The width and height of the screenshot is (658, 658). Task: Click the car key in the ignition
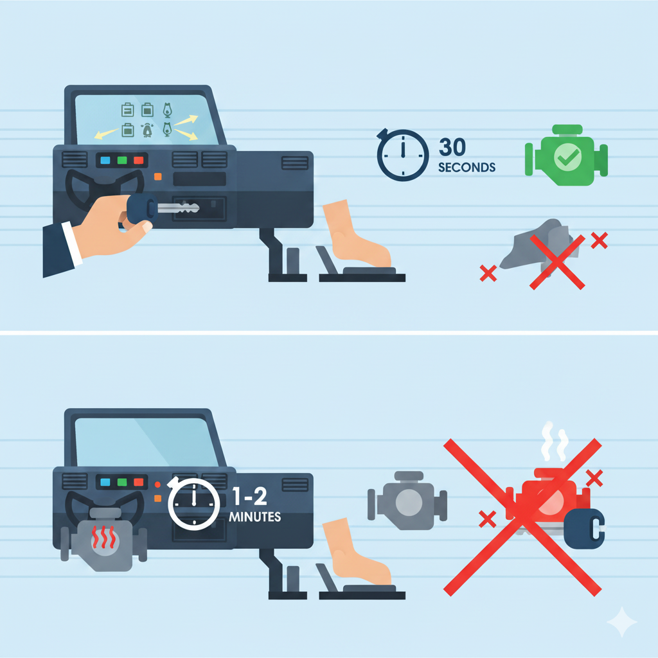pyautogui.click(x=164, y=208)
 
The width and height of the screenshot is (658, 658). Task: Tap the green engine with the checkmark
pyautogui.click(x=566, y=156)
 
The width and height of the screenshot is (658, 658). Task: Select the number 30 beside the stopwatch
pyautogui.click(x=452, y=147)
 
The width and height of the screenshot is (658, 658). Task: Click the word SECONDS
pyautogui.click(x=467, y=168)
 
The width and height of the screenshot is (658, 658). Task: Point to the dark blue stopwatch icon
pyautogui.click(x=402, y=155)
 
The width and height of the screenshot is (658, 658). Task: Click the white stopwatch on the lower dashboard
pyautogui.click(x=193, y=503)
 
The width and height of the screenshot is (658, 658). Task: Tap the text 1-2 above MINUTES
pyautogui.click(x=250, y=497)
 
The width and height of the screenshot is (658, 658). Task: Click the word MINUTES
pyautogui.click(x=254, y=517)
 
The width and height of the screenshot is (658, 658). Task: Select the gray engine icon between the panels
pyautogui.click(x=407, y=501)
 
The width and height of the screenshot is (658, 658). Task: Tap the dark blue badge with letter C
pyautogui.click(x=585, y=528)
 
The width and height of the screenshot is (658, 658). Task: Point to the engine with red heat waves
pyautogui.click(x=103, y=539)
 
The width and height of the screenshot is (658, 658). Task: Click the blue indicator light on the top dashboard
pyautogui.click(x=105, y=160)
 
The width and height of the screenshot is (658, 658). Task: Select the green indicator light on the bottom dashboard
pyautogui.click(x=122, y=482)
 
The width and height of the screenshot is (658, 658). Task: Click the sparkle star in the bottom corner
pyautogui.click(x=622, y=621)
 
